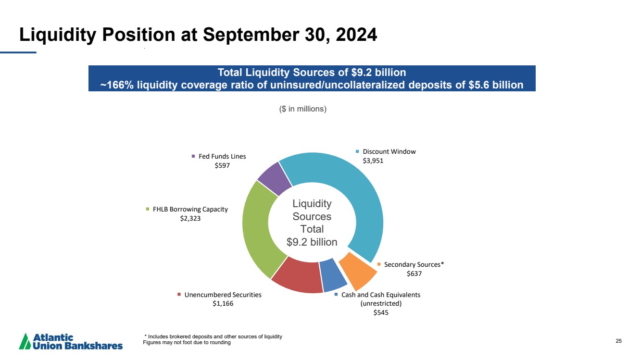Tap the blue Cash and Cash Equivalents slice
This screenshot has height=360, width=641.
[x=333, y=275]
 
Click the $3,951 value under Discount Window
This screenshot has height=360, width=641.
[x=373, y=161]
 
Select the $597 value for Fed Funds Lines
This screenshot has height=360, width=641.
[x=222, y=165]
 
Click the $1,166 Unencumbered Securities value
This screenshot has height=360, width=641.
[x=223, y=304]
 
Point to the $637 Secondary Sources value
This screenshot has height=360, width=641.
[x=414, y=273]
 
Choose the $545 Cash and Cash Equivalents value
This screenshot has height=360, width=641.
[x=381, y=312]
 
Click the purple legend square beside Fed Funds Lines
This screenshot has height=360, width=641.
[x=194, y=156]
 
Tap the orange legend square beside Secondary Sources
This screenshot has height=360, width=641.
[x=379, y=264]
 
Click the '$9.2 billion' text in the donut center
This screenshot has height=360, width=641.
[x=312, y=242]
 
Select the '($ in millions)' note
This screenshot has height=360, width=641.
[x=303, y=109]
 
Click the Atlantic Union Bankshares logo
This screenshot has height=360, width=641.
[x=71, y=341]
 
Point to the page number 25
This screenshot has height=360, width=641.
[x=618, y=341]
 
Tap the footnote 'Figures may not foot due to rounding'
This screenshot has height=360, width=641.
[x=187, y=343]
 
